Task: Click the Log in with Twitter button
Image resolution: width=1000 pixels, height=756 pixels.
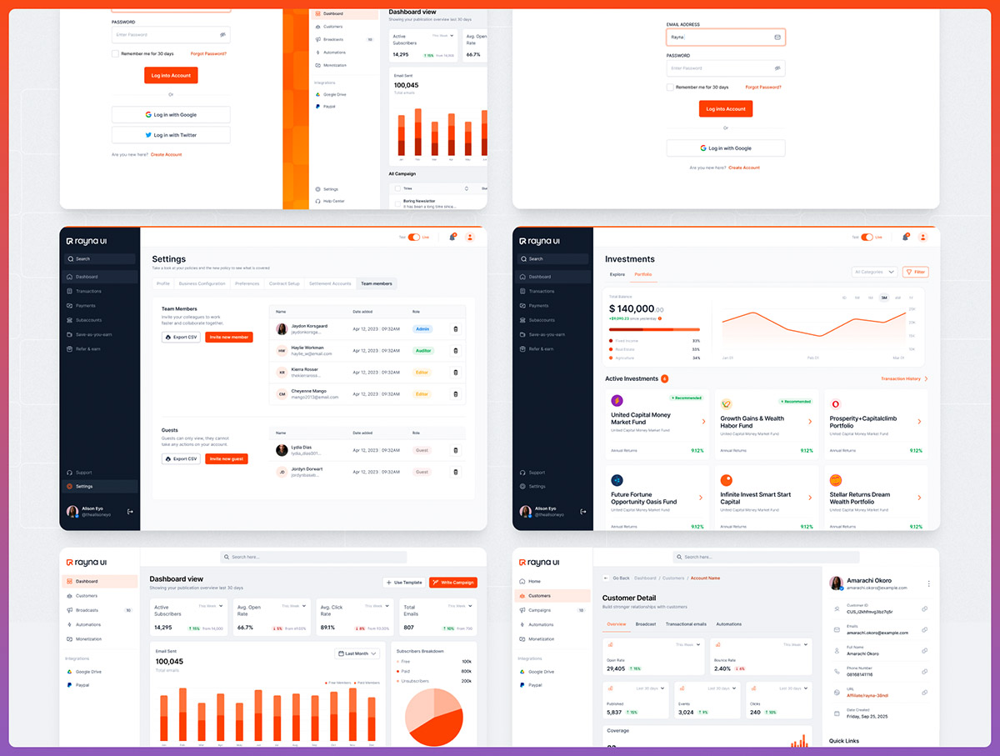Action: tap(171, 135)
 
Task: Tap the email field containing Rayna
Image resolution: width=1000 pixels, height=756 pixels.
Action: tap(725, 38)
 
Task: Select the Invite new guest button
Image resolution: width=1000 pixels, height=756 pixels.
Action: tap(226, 458)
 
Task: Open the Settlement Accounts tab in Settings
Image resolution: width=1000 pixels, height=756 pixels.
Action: tap(330, 283)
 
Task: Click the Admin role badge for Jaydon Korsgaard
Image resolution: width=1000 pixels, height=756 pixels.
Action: tap(422, 329)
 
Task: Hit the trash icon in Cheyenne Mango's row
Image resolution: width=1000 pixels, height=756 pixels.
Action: tap(455, 394)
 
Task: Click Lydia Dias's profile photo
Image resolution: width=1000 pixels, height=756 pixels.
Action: tap(282, 450)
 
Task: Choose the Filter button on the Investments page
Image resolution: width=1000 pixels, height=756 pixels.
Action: tap(915, 272)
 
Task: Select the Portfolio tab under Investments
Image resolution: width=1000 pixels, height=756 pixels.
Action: tap(642, 274)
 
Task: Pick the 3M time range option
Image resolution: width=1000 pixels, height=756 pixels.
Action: tap(883, 298)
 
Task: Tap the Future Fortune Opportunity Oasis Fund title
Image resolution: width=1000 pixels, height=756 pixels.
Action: tap(643, 498)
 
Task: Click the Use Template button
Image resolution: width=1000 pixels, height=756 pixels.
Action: tap(403, 582)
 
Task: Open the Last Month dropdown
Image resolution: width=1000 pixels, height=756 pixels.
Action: tap(357, 653)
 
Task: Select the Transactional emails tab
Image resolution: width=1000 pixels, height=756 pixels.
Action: tap(686, 624)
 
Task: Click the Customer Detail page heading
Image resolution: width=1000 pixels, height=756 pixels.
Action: tap(628, 598)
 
